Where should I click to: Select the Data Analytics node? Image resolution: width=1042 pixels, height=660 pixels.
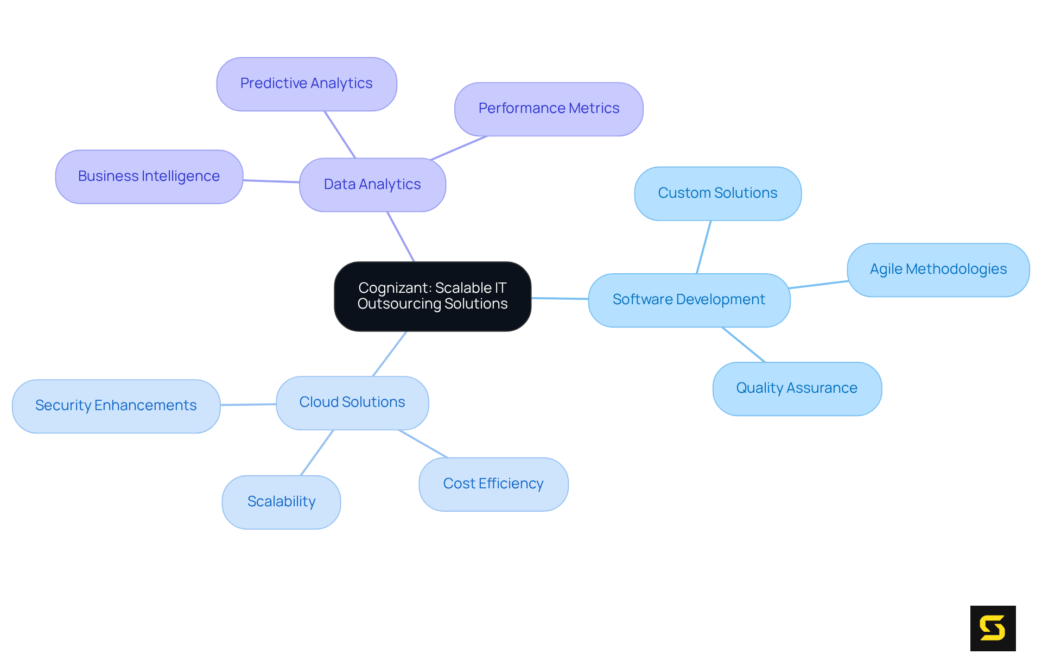click(372, 185)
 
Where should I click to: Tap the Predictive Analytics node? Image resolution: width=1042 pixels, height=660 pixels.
click(307, 84)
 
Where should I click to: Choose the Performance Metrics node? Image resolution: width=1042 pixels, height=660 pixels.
click(549, 109)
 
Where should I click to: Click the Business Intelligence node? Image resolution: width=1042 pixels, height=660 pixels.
click(149, 177)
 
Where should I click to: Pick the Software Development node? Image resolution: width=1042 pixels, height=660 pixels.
click(689, 300)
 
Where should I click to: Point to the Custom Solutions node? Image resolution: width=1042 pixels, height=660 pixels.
click(717, 193)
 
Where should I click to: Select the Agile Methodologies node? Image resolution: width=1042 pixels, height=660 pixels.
click(938, 269)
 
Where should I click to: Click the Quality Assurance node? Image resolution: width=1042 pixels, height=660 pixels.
click(797, 388)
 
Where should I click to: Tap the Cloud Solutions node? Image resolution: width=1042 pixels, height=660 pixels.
click(352, 403)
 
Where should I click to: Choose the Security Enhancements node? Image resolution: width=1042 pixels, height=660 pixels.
click(116, 406)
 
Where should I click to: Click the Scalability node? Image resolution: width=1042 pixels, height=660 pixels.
click(281, 502)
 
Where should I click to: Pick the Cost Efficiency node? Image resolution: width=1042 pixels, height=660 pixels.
click(493, 484)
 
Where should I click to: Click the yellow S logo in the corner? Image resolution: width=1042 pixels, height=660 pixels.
click(993, 628)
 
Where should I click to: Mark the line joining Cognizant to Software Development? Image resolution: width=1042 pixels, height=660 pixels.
click(560, 298)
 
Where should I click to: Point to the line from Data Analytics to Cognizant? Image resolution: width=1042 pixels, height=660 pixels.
click(401, 236)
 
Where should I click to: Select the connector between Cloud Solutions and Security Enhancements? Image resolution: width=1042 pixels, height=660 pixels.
click(248, 404)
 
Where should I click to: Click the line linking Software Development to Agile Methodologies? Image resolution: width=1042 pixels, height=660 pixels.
click(818, 284)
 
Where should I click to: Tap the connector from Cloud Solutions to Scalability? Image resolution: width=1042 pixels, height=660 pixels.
click(317, 452)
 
